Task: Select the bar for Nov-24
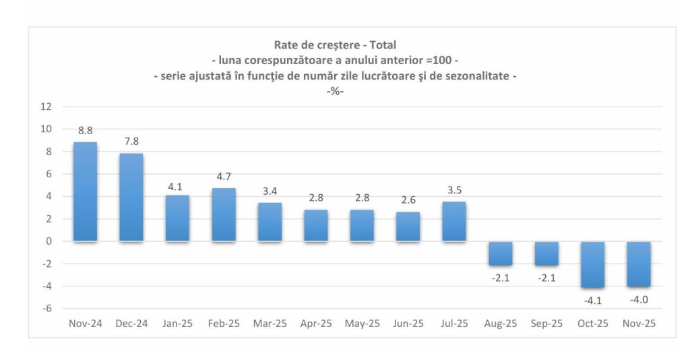(85, 191)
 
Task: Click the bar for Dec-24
(131, 197)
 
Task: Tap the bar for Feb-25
(224, 214)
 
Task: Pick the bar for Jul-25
(453, 221)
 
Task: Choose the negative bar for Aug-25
(500, 253)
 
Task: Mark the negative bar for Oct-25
(592, 264)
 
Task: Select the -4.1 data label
(592, 299)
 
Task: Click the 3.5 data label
(453, 190)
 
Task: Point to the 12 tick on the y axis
(46, 107)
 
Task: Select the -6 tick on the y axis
(46, 309)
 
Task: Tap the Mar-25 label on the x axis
(270, 324)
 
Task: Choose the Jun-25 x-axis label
(408, 324)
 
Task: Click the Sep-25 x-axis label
(546, 324)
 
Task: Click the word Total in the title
(383, 45)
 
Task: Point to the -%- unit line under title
(335, 92)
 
